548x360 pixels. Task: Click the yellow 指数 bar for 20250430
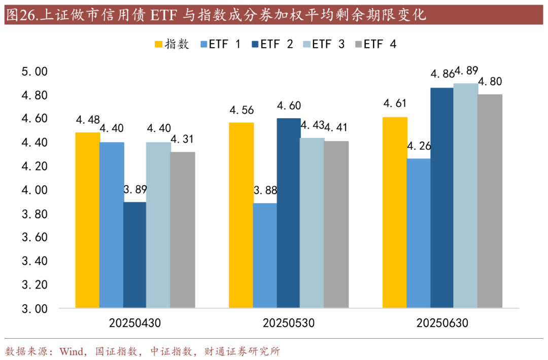pos(88,221)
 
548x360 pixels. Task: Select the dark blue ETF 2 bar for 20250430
pos(134,255)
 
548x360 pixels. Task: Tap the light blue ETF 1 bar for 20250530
pos(265,256)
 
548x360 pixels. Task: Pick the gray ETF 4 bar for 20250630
pos(490,201)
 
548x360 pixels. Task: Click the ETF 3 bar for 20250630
pos(466,196)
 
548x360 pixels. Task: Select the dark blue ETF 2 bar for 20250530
pos(288,213)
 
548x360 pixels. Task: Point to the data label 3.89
pos(135,190)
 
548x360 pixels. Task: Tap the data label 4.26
pos(419,147)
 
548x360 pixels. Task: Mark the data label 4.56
pos(242,111)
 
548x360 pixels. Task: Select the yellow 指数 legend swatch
pos(159,44)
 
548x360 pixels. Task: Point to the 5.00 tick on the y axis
pos(34,71)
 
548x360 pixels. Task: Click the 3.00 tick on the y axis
pos(34,308)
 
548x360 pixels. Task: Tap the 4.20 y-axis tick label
pos(34,166)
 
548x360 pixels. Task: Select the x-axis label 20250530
pos(289,323)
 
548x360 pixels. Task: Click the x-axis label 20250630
pos(442,323)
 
